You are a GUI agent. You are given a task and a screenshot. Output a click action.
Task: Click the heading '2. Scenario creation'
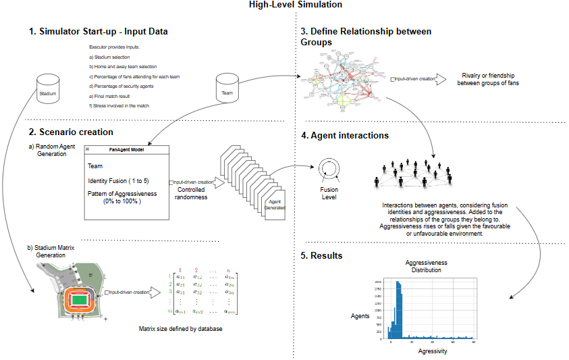71,132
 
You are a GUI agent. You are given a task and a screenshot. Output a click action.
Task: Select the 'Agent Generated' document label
275,205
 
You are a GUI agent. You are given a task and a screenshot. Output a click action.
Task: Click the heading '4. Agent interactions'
345,135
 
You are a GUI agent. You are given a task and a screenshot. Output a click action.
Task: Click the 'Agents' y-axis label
360,315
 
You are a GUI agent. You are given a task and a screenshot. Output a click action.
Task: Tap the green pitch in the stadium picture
80,299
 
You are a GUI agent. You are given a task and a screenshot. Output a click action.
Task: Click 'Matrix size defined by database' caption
181,329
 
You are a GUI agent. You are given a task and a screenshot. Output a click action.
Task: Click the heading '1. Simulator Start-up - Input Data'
99,32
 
